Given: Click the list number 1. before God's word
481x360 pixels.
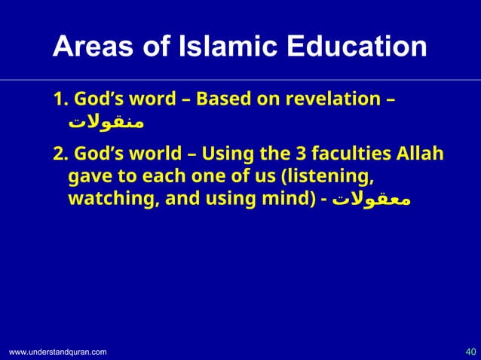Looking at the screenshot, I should point(60,100).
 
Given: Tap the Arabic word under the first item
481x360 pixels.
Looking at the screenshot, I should point(106,121).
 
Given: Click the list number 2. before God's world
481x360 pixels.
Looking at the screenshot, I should point(61,155).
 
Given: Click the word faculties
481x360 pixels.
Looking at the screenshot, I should point(342,155).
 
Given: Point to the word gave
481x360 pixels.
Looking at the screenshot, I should point(87,178).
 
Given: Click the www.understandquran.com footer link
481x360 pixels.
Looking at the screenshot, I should point(58,352).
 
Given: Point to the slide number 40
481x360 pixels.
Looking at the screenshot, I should point(470,351).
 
